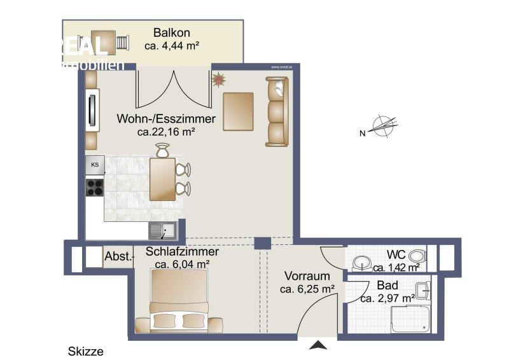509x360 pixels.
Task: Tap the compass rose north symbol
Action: (381, 127)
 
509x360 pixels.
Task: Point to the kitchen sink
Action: (163, 230)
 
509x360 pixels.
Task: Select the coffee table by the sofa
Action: (238, 111)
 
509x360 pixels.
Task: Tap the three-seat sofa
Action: (277, 111)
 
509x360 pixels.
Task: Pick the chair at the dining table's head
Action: (162, 151)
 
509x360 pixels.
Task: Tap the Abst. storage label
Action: (118, 257)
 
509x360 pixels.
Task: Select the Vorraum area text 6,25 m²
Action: (307, 289)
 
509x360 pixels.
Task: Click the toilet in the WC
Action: (417, 256)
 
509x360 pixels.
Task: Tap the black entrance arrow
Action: (317, 345)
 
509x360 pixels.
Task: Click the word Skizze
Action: (85, 351)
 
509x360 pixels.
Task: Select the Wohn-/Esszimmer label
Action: (166, 119)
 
